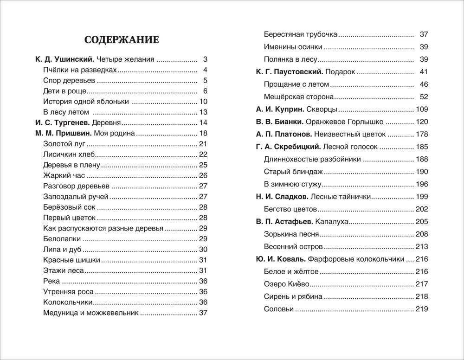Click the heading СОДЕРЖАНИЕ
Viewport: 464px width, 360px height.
[122, 40]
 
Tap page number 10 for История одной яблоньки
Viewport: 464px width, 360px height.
[203, 102]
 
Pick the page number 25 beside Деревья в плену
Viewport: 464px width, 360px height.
[203, 165]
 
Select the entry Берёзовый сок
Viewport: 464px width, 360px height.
[70, 207]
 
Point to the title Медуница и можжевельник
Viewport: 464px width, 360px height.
[90, 313]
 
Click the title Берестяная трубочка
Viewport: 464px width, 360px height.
[300, 34]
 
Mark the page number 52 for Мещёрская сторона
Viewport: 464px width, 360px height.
[424, 97]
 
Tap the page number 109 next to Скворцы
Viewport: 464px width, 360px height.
[422, 109]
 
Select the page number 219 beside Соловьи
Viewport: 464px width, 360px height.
[422, 309]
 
